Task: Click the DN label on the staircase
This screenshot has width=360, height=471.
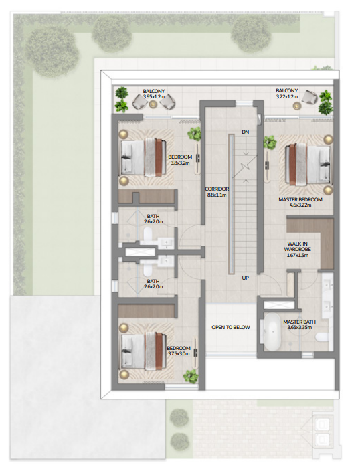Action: pos(246,132)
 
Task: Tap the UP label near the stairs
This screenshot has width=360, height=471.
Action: pos(246,278)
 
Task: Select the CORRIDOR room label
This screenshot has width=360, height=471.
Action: pos(216,189)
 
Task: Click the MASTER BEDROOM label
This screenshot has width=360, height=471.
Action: pos(300,199)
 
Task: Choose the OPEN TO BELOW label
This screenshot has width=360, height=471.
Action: pos(231,327)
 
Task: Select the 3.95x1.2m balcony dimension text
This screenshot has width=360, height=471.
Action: pos(153,98)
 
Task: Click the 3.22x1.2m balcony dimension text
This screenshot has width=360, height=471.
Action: pos(288,98)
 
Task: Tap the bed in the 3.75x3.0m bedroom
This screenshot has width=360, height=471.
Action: pos(143,348)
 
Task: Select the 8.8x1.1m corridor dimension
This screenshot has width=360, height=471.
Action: pos(216,195)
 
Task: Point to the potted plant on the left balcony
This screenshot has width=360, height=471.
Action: pos(122,99)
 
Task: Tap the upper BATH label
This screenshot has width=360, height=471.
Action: pos(153,216)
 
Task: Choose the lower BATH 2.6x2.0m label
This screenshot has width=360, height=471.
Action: pos(153,284)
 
